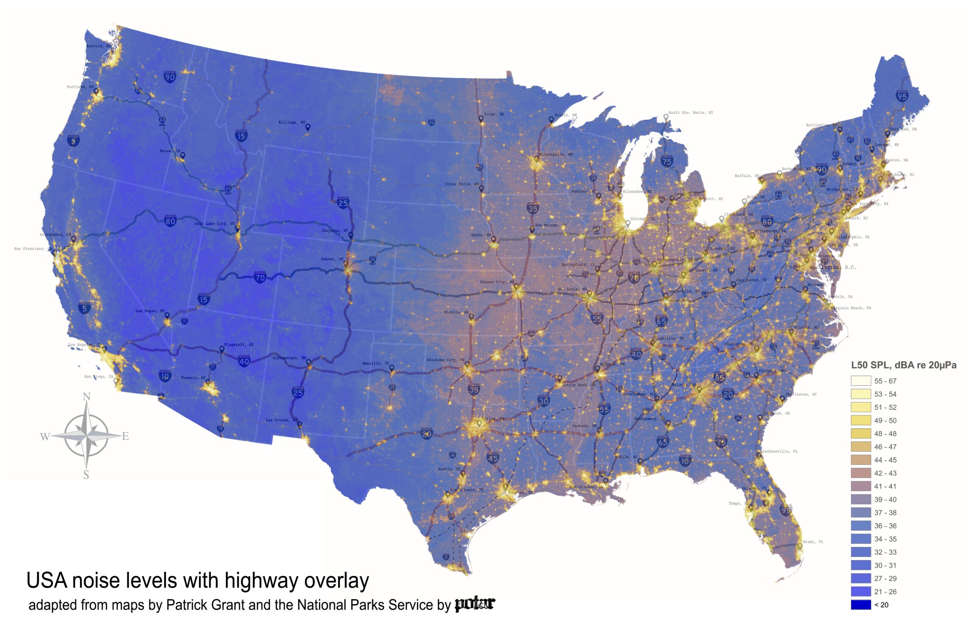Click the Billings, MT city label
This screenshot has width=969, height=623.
coord(292,122)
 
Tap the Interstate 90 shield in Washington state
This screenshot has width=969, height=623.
coord(170,77)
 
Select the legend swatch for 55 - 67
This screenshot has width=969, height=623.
coord(861,381)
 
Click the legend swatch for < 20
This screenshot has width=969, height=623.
coord(861,605)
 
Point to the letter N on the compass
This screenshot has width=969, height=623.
coord(86,397)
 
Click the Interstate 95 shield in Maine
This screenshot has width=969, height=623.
coord(902,96)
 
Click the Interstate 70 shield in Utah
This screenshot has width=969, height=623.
coord(260,277)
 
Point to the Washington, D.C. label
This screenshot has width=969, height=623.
coord(832,268)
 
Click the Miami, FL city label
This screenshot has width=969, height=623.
coord(813,541)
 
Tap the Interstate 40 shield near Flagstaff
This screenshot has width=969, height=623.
coord(244,361)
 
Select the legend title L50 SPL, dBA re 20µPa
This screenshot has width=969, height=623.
coord(904,365)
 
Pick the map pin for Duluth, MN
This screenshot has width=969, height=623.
coord(551,119)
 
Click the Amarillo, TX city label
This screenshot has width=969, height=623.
coord(375,363)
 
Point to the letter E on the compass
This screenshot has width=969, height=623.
coord(125,436)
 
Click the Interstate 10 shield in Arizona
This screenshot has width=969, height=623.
coord(164,376)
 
